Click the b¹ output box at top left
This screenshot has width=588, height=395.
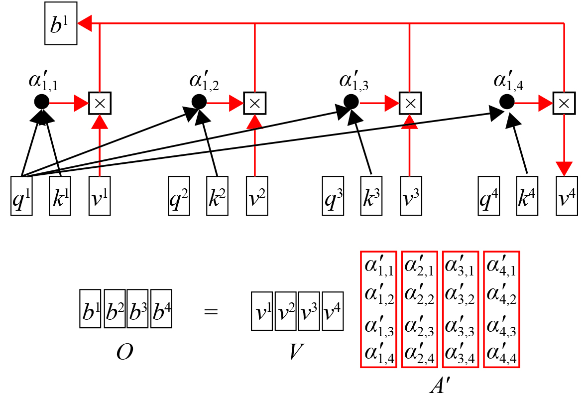pos(61,23)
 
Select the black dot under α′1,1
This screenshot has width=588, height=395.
pos(42,102)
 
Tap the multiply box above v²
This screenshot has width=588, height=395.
pos(255,103)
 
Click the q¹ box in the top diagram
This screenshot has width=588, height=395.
pos(21,196)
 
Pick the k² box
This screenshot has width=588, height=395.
pos(217,196)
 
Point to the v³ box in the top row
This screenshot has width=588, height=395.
pos(411,196)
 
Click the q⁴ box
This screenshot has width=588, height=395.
pos(488,196)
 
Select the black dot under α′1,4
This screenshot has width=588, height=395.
pos(507,102)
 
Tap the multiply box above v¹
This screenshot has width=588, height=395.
pos(100,103)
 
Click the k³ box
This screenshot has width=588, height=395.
pos(371,196)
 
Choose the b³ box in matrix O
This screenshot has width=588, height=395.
pos(137,309)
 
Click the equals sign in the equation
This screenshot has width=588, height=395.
pos(211,311)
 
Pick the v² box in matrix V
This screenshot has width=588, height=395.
pos(286,311)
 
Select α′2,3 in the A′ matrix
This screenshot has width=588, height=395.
pos(419,326)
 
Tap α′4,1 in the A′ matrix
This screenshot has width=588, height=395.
pos(501,265)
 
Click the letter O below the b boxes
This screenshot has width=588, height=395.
pos(124,352)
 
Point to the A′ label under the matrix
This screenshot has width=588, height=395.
pos(440,384)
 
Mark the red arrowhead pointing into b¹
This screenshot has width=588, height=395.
pos(85,23)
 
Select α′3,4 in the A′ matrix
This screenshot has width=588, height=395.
pos(460,353)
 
